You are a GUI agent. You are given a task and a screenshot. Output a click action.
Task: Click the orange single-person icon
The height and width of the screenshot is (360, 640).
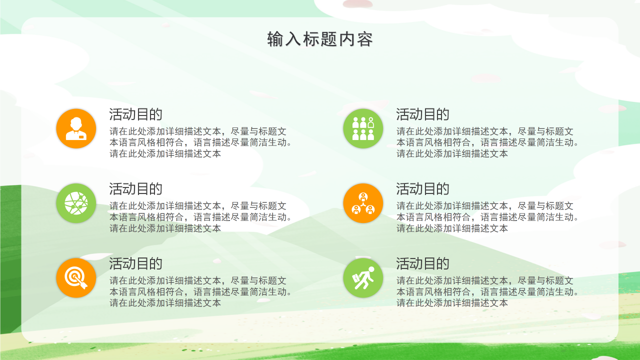pos(76,128)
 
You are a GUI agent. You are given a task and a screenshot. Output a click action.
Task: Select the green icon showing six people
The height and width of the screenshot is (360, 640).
pos(363,128)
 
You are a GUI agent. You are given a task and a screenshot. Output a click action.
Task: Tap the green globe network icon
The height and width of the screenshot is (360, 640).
pos(76,203)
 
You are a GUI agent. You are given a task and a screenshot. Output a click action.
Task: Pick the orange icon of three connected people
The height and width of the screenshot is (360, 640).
pos(363,203)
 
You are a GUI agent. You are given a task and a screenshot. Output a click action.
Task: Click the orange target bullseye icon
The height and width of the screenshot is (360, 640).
pos(76,278)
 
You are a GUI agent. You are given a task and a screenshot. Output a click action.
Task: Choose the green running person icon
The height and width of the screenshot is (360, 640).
pos(363,278)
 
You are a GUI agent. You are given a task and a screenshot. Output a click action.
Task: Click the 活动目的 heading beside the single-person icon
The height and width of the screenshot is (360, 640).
pos(136,114)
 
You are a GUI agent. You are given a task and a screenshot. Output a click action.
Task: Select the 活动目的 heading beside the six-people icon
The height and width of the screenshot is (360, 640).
pos(423,114)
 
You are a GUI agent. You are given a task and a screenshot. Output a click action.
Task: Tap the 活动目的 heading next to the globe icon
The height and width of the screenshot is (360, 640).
pos(136,188)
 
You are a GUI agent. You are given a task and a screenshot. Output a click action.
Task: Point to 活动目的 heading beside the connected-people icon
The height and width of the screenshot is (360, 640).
pos(423,188)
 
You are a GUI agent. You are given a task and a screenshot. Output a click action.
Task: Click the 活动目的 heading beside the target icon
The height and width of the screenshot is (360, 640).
pos(136,263)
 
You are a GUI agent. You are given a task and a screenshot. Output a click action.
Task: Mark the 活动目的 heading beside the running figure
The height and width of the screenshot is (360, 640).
pos(423,263)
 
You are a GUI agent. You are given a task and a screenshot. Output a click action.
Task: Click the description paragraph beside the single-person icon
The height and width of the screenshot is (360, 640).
pos(200,142)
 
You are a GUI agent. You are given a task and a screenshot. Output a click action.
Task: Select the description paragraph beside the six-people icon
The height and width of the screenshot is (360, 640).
pos(487,142)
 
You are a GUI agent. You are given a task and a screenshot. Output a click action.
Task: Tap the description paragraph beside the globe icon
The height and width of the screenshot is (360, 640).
pos(200,217)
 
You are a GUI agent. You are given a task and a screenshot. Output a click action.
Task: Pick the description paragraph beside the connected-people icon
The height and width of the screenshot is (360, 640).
pos(487,217)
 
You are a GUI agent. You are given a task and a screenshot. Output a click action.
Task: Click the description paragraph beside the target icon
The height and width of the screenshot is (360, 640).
pos(200,291)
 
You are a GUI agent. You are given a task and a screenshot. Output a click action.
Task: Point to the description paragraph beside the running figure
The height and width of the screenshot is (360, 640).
pos(487,291)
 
